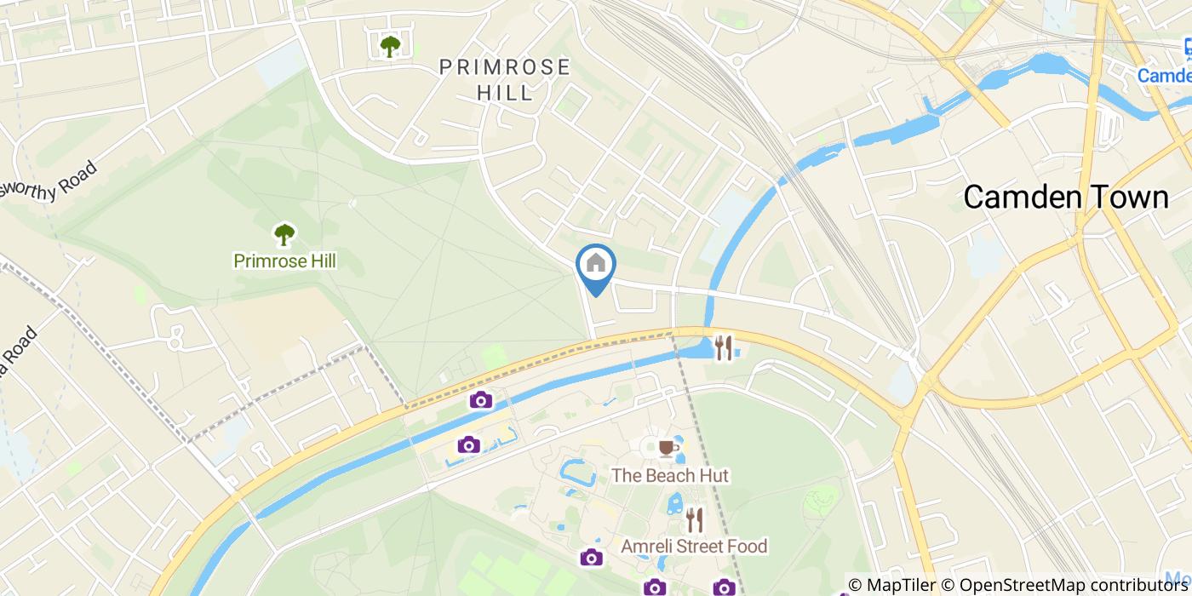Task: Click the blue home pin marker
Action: [596, 265]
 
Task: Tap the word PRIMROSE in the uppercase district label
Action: [505, 67]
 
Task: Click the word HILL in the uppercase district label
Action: [505, 92]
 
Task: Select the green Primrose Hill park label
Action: [284, 261]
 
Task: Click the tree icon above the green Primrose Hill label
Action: [284, 233]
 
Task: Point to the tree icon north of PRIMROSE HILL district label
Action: [390, 45]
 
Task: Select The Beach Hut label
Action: [670, 475]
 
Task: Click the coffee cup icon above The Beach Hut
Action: [667, 447]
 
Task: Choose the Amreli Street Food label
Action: [694, 546]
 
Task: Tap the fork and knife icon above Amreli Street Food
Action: [695, 519]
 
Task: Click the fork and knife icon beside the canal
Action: [724, 347]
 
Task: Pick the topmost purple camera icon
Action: [481, 399]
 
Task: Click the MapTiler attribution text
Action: [899, 585]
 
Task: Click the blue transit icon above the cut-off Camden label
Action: [1186, 49]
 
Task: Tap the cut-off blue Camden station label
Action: [1165, 76]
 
